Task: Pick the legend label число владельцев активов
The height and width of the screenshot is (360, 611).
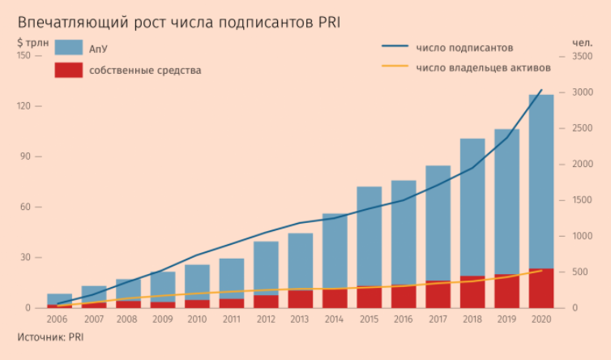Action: tap(483, 67)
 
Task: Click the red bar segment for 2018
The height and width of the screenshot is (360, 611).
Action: tap(472, 292)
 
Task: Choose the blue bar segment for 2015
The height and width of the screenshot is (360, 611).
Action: tap(370, 236)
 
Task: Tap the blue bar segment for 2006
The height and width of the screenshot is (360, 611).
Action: tap(60, 298)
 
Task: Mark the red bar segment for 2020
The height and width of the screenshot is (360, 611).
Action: tap(541, 288)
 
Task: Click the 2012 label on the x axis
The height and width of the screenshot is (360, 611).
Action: tap(266, 319)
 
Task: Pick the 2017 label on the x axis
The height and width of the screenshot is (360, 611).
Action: tap(438, 319)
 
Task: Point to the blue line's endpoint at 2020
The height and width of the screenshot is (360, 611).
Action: tap(542, 90)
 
